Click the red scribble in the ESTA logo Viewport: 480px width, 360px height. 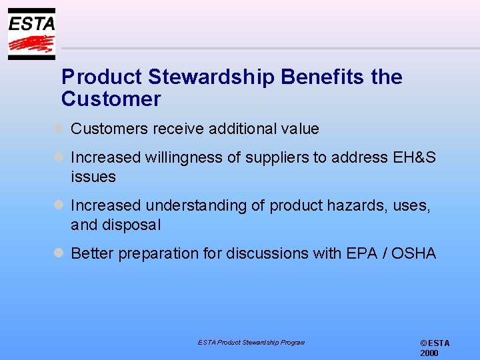31,44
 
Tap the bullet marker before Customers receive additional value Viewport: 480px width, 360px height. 59,128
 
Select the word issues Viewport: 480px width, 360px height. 93,177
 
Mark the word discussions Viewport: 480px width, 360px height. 268,253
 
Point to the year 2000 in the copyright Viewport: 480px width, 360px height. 429,353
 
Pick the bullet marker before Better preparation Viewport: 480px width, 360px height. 59,253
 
